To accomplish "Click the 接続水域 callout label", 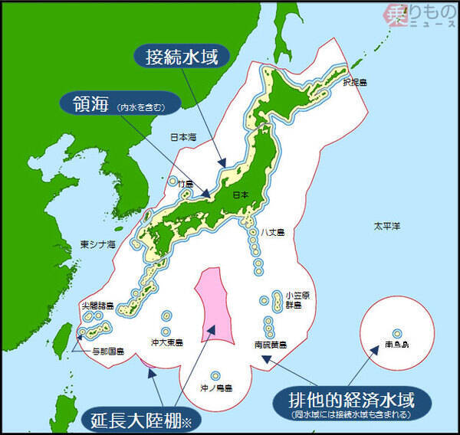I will click(182, 55).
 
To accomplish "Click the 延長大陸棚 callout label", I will click(140, 418).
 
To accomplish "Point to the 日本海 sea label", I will click(183, 137).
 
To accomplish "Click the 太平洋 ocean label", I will click(386, 227).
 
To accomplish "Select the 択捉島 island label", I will click(355, 82).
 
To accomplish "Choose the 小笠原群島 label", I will click(292, 299).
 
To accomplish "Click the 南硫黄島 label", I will click(271, 345).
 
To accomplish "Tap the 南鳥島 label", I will click(396, 346).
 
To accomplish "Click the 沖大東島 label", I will click(166, 343).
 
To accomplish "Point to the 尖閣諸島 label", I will click(99, 306).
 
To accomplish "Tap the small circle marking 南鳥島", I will click(396, 333).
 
